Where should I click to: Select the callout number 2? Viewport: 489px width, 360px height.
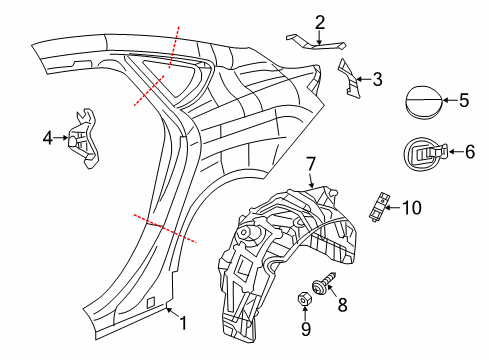tap(320, 20)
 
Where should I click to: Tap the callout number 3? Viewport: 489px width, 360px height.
tap(377, 78)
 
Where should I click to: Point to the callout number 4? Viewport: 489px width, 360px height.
tap(48, 140)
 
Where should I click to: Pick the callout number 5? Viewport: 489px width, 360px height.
tap(462, 100)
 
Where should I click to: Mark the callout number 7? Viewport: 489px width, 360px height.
tap(311, 162)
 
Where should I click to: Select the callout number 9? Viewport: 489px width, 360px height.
tap(306, 328)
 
